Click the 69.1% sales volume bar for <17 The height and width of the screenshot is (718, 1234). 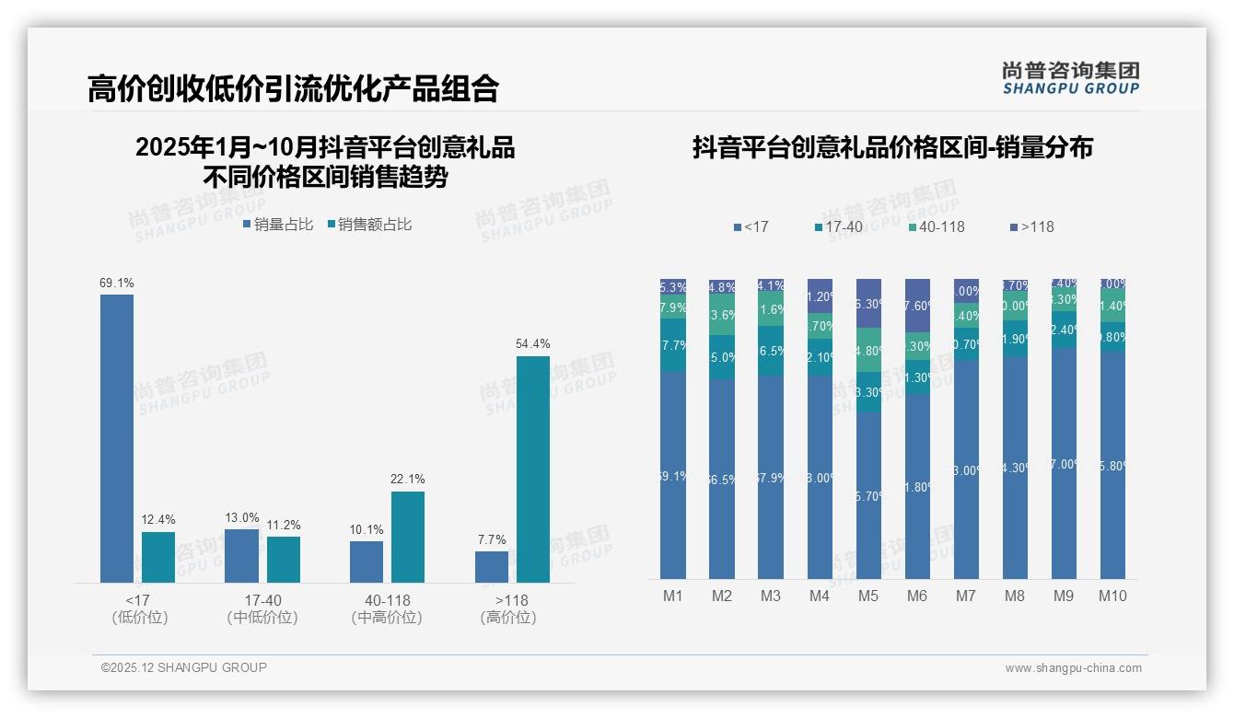[117, 438]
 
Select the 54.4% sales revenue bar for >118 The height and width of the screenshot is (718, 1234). [533, 469]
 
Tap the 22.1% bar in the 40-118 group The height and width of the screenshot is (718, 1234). [408, 537]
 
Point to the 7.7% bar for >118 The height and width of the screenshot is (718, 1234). [492, 567]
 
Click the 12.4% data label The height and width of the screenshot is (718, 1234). [158, 520]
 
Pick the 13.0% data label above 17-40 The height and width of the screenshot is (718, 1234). [241, 517]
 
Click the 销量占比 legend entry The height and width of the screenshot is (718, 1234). [278, 225]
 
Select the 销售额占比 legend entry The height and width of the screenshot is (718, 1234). [368, 225]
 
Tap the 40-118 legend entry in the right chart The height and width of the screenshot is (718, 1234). [937, 226]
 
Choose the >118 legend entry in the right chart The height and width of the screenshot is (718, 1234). [1032, 226]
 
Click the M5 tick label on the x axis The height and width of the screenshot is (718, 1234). [868, 596]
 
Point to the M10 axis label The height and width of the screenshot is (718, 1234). [1112, 596]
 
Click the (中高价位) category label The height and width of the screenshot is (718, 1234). [387, 618]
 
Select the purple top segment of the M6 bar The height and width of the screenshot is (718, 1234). [917, 305]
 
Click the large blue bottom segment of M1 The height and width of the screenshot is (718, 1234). [673, 475]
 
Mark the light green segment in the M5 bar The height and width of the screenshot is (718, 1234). [868, 350]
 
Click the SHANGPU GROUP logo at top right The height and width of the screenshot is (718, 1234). [1071, 77]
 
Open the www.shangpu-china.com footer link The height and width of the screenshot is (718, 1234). [1073, 668]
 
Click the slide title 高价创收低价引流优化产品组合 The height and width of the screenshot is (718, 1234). [293, 88]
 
